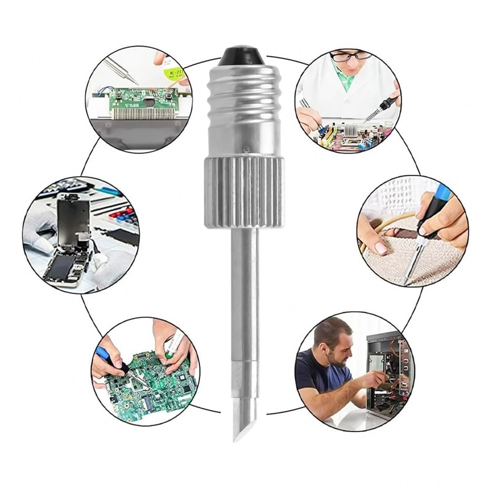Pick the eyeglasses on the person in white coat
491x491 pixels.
[x=351, y=56]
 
